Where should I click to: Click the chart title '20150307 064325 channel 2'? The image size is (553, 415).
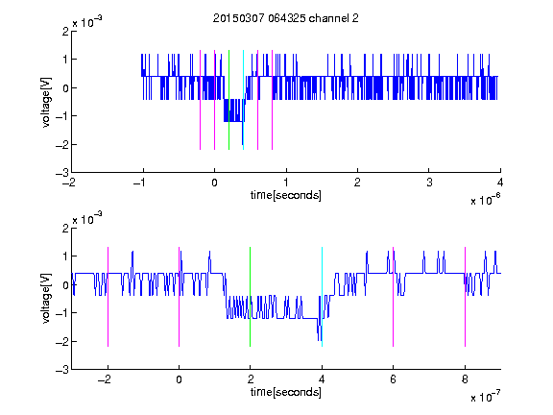pos(286,18)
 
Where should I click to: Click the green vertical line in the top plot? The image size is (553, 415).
pos(228,100)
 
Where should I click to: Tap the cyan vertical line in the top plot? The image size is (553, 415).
pos(243,100)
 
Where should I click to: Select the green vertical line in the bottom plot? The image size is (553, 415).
pos(250,297)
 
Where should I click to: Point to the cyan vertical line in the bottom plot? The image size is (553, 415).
pos(322,297)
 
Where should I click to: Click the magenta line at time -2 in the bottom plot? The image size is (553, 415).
pos(108,297)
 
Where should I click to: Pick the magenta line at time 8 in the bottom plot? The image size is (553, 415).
pos(465,297)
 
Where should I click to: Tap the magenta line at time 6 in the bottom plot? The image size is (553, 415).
pos(393,297)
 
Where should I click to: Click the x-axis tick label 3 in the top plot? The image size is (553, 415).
pos(429,183)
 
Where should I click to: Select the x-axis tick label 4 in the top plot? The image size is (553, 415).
pos(500,183)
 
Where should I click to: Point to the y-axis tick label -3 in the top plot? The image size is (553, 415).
pos(62,173)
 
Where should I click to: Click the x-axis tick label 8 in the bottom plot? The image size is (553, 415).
pos(465,379)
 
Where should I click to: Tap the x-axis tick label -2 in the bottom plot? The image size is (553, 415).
pos(105,379)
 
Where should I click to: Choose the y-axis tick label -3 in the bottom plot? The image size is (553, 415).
pos(62,370)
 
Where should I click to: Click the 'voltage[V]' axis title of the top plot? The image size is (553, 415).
pos(46,102)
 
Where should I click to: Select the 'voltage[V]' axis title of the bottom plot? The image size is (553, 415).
pos(46,299)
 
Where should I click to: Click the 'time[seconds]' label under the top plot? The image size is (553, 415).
pos(286,195)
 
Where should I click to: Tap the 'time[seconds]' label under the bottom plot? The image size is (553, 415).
pos(286,392)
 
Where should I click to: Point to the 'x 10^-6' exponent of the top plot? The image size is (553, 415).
pos(485,200)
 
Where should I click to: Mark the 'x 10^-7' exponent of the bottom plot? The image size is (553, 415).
pos(485,397)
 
